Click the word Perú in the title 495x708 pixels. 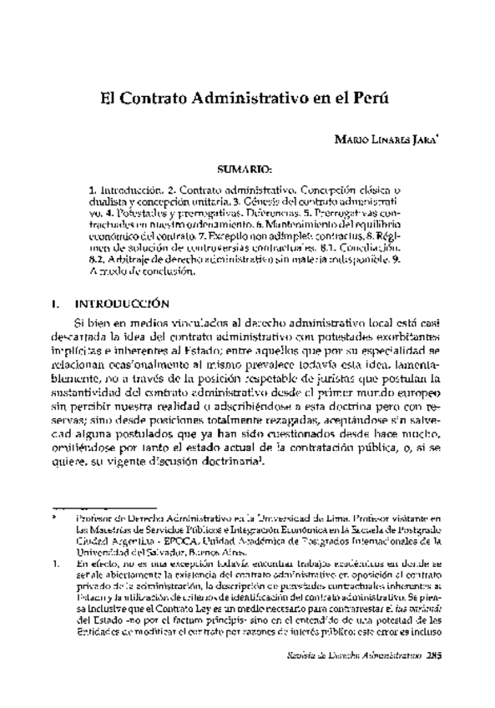[374, 96]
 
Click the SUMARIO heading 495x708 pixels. [247, 169]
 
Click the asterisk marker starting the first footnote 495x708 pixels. [53, 518]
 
